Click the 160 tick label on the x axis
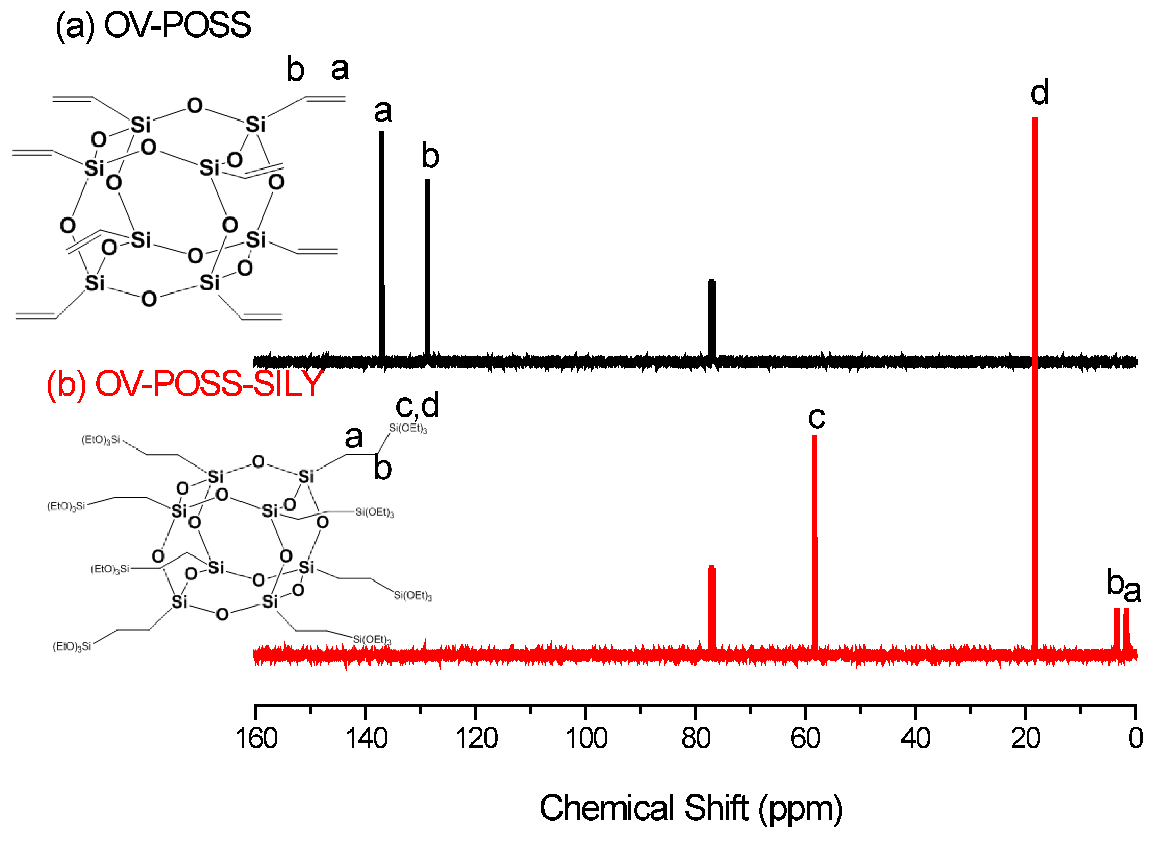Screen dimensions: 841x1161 point(256,739)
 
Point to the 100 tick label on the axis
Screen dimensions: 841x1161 point(586,739)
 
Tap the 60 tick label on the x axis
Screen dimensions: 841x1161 point(805,739)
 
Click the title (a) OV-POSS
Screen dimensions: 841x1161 point(153,25)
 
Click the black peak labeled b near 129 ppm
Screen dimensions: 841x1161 point(427,266)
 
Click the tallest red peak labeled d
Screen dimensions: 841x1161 point(1035,358)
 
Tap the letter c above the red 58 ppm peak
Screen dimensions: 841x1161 point(817,417)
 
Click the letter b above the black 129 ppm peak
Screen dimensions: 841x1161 point(430,156)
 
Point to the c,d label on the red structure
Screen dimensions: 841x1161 point(417,405)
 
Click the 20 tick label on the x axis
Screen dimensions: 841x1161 point(1025,739)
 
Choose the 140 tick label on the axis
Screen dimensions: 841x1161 point(366,739)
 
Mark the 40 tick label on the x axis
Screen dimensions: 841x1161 point(915,739)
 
